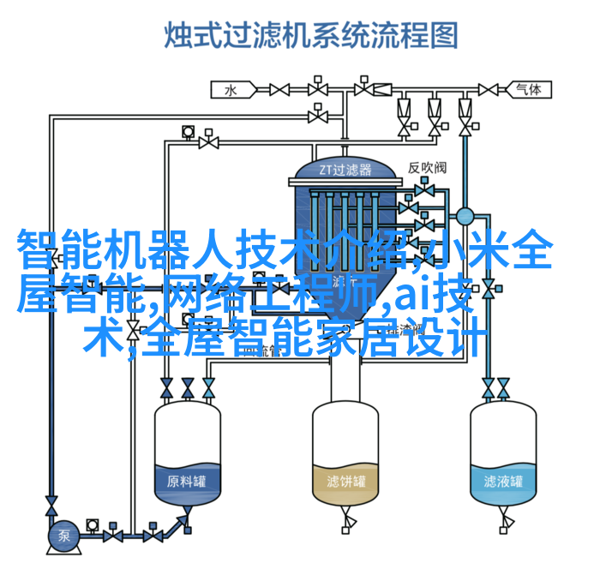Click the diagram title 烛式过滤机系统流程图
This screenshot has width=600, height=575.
311,36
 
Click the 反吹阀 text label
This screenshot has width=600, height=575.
426,168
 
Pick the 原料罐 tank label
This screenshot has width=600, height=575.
187,480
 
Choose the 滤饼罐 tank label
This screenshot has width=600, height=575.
345,480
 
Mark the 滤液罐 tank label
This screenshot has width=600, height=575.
502,480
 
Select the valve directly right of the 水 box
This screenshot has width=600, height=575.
279,88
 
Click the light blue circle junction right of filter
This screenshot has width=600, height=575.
465,216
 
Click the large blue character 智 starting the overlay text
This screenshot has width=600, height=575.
37,249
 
